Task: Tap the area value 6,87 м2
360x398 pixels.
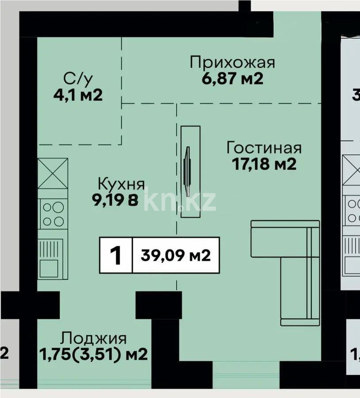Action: tap(232, 79)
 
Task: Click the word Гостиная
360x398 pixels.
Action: tap(264, 147)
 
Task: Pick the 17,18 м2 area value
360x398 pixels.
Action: tap(264, 164)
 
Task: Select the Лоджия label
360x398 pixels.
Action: tap(94, 339)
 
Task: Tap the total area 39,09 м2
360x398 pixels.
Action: tap(176, 256)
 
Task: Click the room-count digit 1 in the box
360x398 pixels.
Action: tap(116, 256)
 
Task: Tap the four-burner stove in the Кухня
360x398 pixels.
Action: tap(53, 214)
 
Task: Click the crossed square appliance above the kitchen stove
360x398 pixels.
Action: tap(53, 173)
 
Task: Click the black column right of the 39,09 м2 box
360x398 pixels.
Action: tap(158, 305)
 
